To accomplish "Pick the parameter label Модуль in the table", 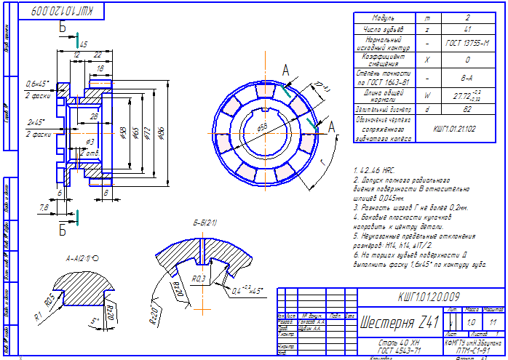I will [384, 17].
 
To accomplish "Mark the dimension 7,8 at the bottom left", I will [44, 209].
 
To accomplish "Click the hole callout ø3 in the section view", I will [90, 141].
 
